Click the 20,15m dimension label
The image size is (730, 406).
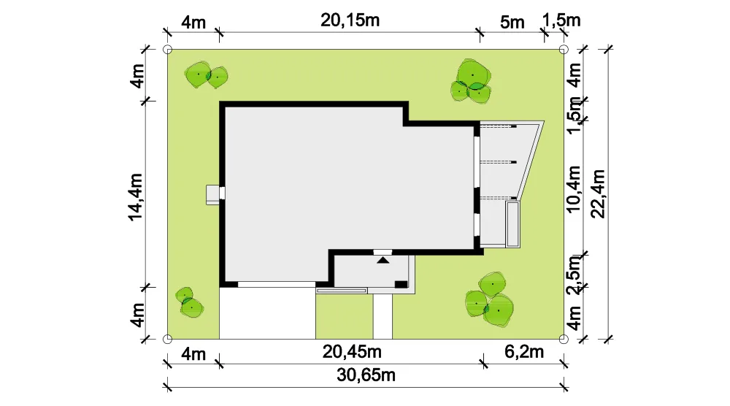click(x=350, y=20)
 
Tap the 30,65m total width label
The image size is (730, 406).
click(x=366, y=375)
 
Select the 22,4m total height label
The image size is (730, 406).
click(x=598, y=194)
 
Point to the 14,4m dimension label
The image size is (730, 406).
click(x=136, y=197)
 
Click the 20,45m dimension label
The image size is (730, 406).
click(x=352, y=351)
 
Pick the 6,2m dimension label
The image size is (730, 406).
click(x=524, y=351)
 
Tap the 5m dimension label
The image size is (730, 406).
click(x=512, y=22)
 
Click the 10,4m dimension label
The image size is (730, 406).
click(x=574, y=189)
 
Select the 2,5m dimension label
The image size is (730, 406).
click(x=574, y=275)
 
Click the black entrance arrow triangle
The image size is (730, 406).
click(x=383, y=260)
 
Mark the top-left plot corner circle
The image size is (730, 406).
click(x=168, y=50)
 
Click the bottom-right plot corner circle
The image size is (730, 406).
click(x=564, y=339)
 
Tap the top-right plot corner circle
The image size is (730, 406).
click(x=564, y=50)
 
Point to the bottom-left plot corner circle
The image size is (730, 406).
click(x=168, y=339)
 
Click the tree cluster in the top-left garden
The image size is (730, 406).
click(x=207, y=75)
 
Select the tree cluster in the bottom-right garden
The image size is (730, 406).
click(x=490, y=299)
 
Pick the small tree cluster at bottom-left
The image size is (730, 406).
click(x=189, y=302)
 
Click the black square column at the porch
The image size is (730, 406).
click(x=401, y=284)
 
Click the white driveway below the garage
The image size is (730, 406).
click(x=268, y=313)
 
